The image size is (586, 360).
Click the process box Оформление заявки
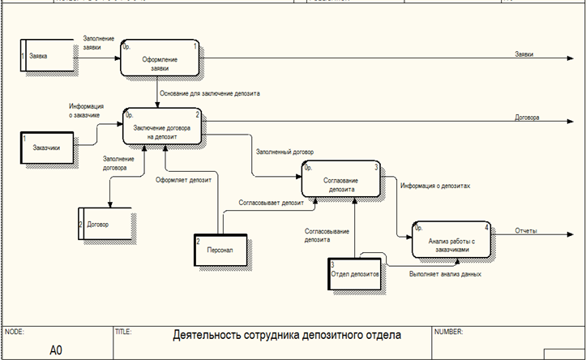pyautogui.click(x=160, y=59)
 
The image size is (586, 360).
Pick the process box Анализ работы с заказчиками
pyautogui.click(x=451, y=241)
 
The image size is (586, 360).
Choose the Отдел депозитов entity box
pyautogui.click(x=355, y=275)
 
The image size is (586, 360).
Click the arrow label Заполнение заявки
pyautogui.click(x=98, y=43)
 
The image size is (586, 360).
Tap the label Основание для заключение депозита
pyautogui.click(x=209, y=93)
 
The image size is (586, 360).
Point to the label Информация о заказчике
pyautogui.click(x=84, y=110)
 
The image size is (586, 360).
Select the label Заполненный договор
pyautogui.click(x=284, y=152)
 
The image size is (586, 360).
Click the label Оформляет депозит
pyautogui.click(x=184, y=179)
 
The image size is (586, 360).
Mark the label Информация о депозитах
pyautogui.click(x=435, y=185)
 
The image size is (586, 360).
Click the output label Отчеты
pyautogui.click(x=527, y=231)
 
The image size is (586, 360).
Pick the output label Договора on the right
pyautogui.click(x=528, y=117)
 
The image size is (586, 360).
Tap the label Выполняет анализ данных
pyautogui.click(x=444, y=274)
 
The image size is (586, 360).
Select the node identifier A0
pyautogui.click(x=56, y=349)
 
